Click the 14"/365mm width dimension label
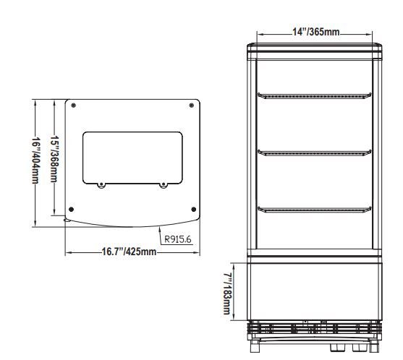(316, 32)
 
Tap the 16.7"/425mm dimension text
(129, 252)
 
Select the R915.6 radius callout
(178, 239)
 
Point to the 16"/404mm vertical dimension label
(35, 161)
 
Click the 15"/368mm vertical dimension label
(54, 159)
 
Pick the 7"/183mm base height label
(227, 293)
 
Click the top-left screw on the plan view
(74, 106)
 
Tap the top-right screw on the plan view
(192, 106)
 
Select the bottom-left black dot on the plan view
(72, 209)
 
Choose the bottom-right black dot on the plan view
(194, 209)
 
